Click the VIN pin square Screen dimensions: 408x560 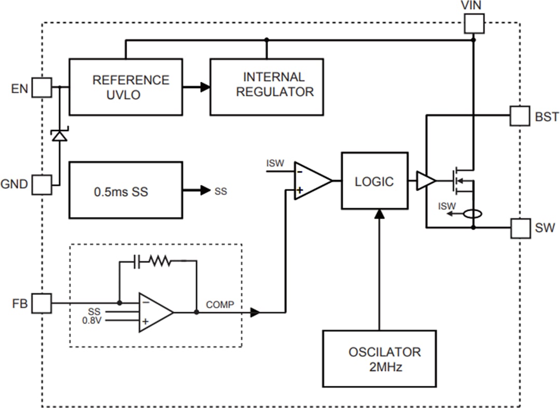tap(474, 23)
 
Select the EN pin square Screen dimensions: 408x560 tap(41, 88)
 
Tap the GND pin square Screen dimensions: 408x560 tap(41, 184)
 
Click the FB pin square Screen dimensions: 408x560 tap(41, 303)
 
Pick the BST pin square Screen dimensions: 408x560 tap(520, 116)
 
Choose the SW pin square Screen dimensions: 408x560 tap(520, 228)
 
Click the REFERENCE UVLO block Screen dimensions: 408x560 tap(125, 86)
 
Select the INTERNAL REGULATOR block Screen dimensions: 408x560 tap(267, 86)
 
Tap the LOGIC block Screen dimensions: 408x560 tap(374, 181)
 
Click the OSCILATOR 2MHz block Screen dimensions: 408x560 tap(379, 358)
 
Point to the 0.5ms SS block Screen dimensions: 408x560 tap(125, 190)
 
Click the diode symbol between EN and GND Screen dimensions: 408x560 tap(60, 136)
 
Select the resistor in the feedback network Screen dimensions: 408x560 tap(161, 261)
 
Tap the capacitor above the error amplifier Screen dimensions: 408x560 tap(136, 261)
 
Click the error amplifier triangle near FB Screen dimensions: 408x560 tap(155, 312)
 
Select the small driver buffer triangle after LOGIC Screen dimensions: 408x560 tap(426, 181)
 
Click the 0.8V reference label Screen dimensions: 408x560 tap(93, 320)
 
